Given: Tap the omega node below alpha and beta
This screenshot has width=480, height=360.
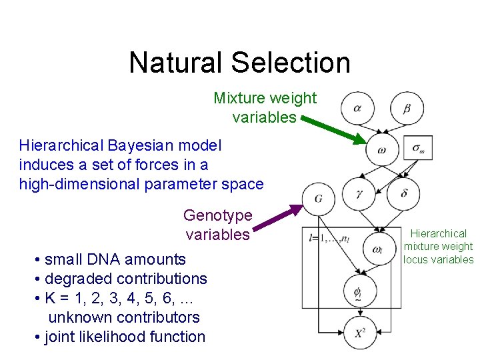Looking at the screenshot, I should [x=382, y=150].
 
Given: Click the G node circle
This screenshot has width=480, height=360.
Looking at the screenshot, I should [x=319, y=198].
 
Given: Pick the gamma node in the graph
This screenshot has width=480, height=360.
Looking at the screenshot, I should [x=358, y=193].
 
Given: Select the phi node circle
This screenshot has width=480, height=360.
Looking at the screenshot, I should [x=358, y=291].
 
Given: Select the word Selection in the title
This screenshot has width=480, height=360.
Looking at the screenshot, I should [x=291, y=63].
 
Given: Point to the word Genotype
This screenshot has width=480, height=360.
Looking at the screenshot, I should [x=218, y=215].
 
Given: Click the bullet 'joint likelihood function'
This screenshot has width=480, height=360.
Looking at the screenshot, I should [x=124, y=337].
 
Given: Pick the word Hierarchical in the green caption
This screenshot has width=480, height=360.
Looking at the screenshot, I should [x=439, y=233].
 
